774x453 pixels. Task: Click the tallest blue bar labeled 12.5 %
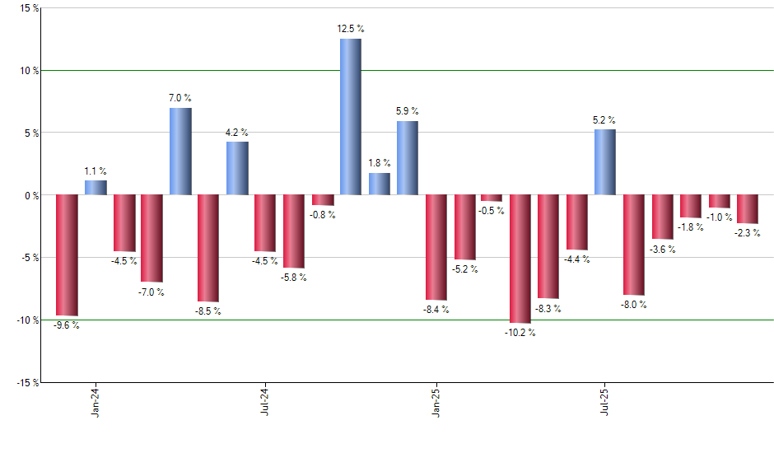(x=350, y=116)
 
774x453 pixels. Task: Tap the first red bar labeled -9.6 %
(x=67, y=255)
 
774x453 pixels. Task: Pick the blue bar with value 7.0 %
(x=180, y=152)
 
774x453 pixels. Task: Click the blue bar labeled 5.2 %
(x=605, y=162)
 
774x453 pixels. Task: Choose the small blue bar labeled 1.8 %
(x=380, y=184)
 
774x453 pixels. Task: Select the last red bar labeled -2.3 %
(x=748, y=209)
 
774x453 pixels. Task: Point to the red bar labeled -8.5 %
(x=207, y=248)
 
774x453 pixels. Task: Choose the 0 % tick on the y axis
(x=30, y=195)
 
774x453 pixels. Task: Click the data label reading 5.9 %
(x=408, y=110)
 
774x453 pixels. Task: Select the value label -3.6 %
(x=662, y=249)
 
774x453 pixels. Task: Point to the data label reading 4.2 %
(x=237, y=132)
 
